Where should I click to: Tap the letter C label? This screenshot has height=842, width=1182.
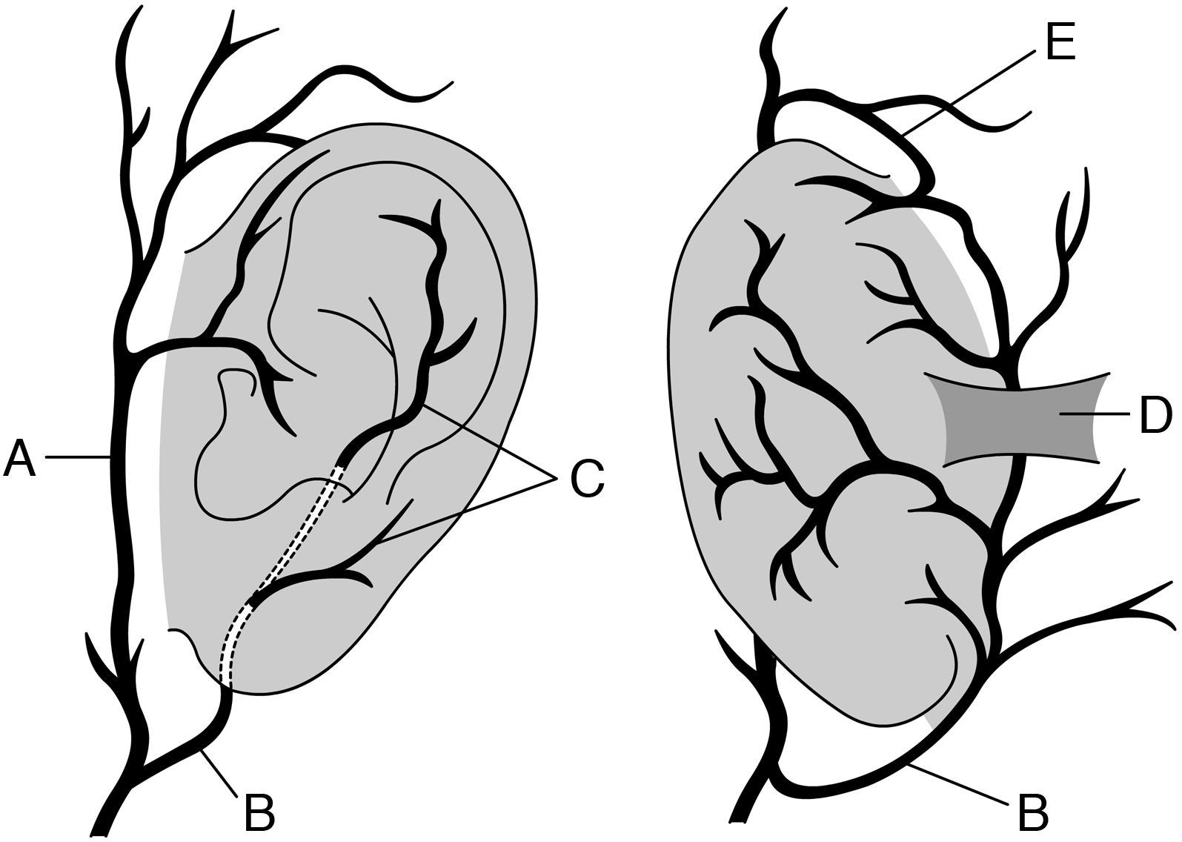[587, 477]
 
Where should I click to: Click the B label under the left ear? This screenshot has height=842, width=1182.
[259, 812]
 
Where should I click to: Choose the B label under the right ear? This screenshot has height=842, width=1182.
[1032, 812]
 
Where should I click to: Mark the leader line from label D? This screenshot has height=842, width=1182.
[1104, 415]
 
